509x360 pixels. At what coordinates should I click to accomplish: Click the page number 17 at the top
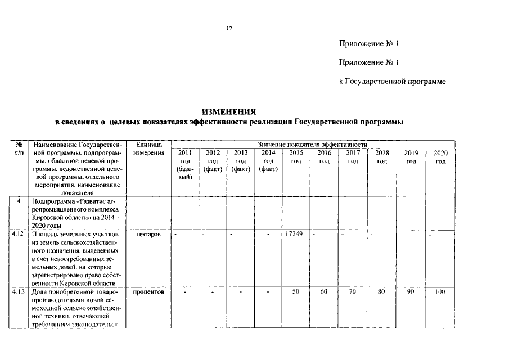229,29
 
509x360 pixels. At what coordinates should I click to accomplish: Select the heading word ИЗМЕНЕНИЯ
229,111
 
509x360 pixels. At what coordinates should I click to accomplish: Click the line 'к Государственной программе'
392,82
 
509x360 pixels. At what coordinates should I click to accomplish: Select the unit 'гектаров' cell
149,234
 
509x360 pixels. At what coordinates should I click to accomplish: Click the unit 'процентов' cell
149,293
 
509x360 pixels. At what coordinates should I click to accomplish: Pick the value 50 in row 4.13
296,292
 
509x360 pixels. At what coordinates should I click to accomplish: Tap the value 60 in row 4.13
324,292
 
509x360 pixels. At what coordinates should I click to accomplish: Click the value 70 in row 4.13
353,292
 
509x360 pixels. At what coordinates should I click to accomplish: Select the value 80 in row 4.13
382,292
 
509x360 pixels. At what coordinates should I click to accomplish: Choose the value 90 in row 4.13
411,292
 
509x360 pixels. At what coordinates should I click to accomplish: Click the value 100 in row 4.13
440,292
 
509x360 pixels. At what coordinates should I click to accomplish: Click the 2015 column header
296,157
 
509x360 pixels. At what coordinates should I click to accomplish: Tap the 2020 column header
440,157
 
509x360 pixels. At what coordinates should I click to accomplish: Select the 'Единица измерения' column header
149,149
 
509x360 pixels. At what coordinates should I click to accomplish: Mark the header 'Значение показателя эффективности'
312,145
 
